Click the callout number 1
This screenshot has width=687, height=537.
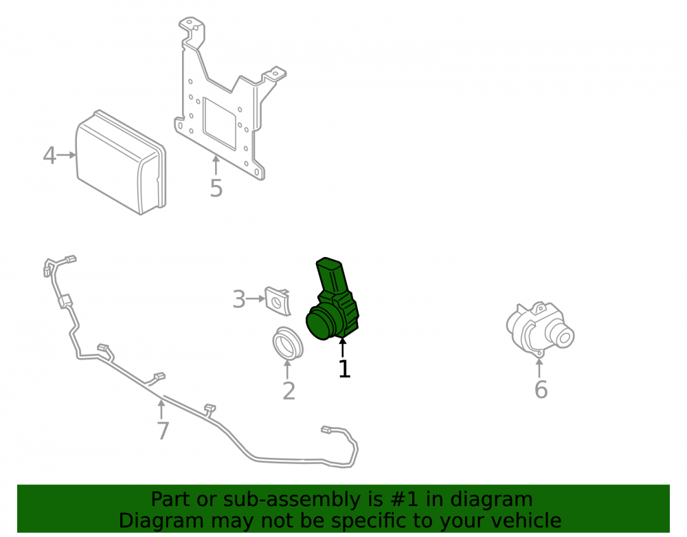344,369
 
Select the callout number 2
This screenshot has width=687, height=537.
289,391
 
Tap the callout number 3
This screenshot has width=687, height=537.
239,299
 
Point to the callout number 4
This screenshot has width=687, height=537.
49,155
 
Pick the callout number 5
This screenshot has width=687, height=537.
216,188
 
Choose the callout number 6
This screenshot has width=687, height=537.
541,390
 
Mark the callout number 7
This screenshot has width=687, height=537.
163,431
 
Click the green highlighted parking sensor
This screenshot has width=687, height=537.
332,300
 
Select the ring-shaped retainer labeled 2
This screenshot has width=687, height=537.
287,342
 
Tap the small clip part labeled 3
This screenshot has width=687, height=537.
278,301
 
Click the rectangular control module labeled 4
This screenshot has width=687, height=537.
121,162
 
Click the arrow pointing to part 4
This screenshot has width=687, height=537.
67,155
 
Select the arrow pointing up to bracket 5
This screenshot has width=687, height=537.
216,165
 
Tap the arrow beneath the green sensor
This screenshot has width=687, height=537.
343,348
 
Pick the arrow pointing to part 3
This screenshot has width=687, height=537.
256,299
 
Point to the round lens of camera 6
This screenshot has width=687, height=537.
564,337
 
